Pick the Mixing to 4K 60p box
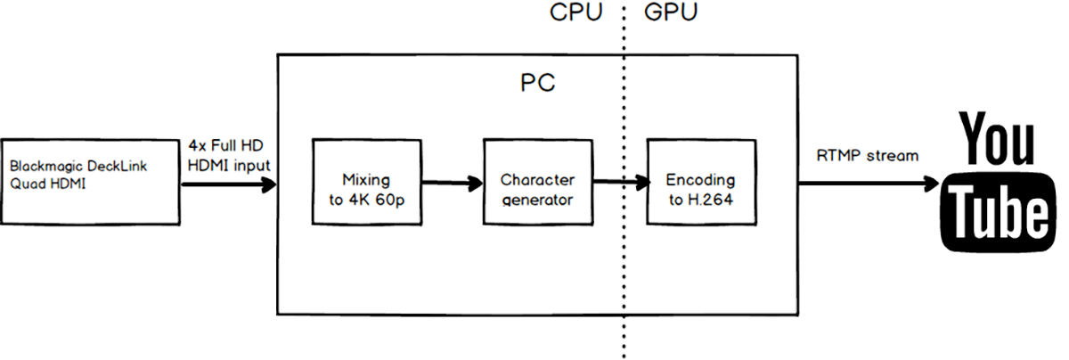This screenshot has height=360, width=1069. click(x=366, y=183)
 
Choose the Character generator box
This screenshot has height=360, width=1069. click(x=537, y=183)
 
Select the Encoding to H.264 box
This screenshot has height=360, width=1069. click(x=700, y=183)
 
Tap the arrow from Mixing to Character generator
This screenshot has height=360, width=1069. click(x=451, y=184)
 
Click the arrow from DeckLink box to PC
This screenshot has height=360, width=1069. click(x=228, y=185)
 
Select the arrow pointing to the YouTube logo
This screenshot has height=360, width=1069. click(x=869, y=184)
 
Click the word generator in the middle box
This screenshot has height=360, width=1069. click(x=537, y=200)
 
